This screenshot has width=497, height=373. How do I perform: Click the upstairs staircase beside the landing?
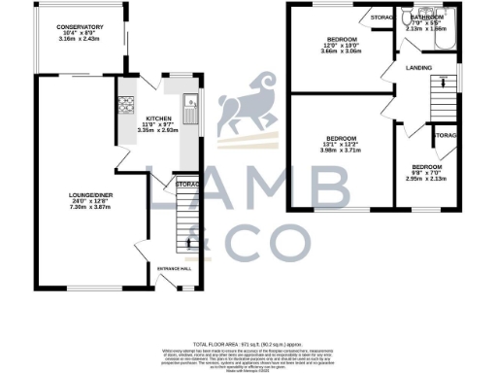click(445, 97)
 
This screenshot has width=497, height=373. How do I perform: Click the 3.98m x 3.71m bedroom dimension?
click(343, 151)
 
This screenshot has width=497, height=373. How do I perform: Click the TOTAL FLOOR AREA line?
click(248, 345)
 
